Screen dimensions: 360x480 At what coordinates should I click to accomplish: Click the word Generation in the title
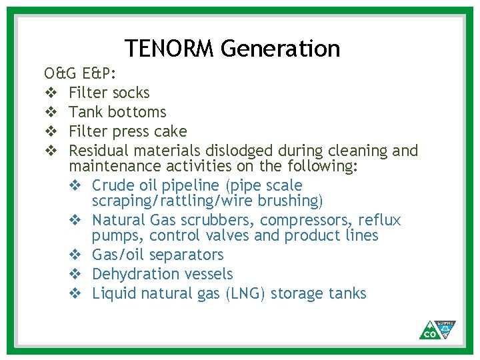pyautogui.click(x=280, y=49)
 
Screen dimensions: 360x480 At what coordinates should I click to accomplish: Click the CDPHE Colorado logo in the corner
pyautogui.click(x=437, y=329)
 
